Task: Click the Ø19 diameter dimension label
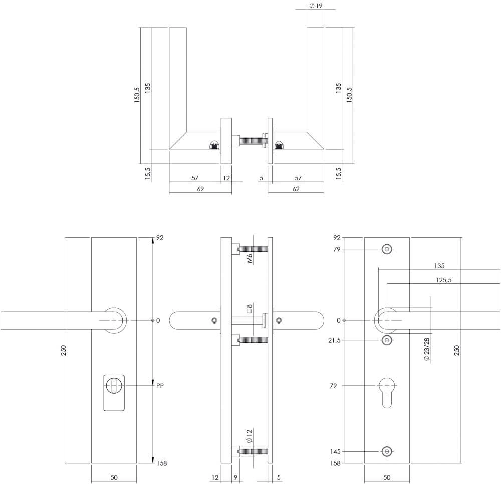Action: [316, 6]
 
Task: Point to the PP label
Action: [160, 386]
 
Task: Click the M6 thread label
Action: [249, 259]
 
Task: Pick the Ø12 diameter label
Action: [249, 436]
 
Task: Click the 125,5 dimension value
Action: [443, 280]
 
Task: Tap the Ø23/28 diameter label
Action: [426, 349]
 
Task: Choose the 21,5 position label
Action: [334, 340]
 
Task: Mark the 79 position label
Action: [337, 249]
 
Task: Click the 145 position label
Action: [336, 452]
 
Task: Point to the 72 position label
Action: [334, 386]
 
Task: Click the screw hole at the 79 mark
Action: [386, 249]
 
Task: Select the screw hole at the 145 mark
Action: [386, 452]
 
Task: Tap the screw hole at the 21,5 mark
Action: [386, 340]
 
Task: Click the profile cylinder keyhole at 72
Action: [386, 391]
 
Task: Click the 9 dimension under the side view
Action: [235, 477]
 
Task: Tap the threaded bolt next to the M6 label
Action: [254, 249]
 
